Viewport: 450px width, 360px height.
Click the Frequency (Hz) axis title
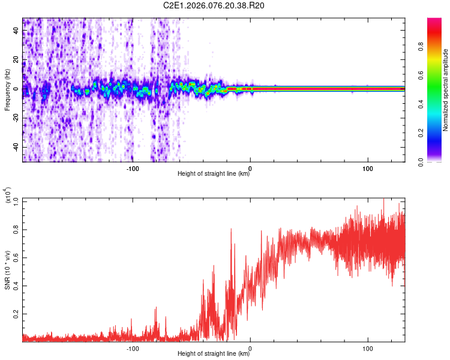point(8,90)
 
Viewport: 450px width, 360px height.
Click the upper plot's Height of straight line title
point(214,174)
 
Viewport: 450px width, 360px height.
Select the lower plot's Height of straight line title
point(214,353)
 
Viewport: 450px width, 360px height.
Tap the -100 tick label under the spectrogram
point(133,168)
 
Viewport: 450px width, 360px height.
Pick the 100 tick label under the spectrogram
point(368,168)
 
